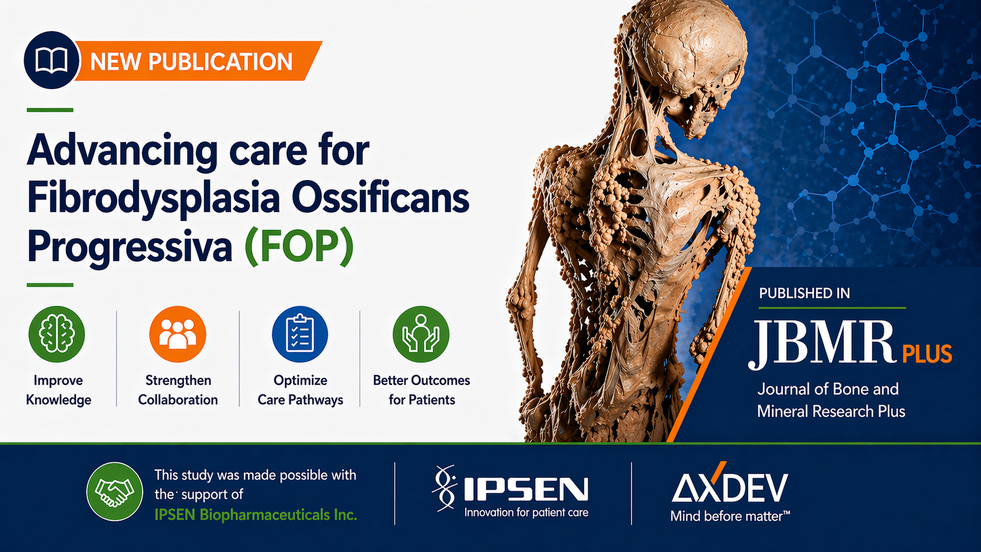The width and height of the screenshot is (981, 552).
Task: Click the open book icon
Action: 52,60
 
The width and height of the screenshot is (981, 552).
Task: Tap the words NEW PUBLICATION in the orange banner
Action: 191,61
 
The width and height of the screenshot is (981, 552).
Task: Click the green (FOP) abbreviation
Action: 299,246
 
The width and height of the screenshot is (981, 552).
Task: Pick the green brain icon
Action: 56,334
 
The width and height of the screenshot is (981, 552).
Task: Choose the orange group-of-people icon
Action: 177,334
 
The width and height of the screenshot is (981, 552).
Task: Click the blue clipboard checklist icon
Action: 300,334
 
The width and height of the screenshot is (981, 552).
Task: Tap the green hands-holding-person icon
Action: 421,334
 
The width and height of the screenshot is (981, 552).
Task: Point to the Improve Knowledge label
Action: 58,390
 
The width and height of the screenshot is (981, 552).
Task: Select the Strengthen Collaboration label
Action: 178,390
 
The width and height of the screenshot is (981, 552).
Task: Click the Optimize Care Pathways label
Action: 300,390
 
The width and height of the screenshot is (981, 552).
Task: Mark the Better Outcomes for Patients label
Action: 421,390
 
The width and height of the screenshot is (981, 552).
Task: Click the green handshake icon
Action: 115,492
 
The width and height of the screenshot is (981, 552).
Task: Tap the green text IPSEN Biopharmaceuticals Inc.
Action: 256,515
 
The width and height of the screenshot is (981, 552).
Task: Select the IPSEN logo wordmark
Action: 526,489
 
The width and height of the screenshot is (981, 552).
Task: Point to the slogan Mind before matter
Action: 730,517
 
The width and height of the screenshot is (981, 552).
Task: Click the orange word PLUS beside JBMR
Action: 927,354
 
